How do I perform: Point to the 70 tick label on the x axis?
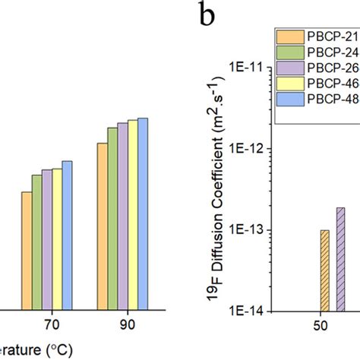(x=52, y=324)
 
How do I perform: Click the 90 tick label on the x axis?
(x=128, y=324)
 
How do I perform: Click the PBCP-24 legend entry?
(x=316, y=54)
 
